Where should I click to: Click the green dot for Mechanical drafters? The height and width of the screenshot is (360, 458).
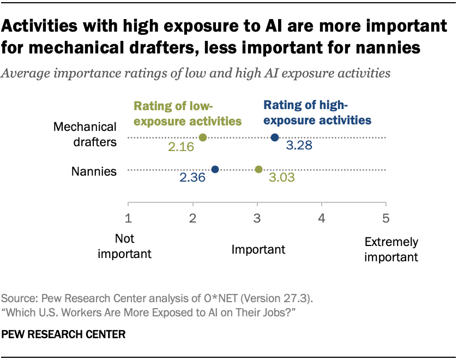(203, 138)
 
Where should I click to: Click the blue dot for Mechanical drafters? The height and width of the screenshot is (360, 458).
(275, 138)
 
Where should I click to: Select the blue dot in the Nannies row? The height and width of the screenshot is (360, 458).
(215, 170)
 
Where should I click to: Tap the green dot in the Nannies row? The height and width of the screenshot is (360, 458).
(258, 170)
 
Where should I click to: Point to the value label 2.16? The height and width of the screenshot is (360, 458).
(181, 148)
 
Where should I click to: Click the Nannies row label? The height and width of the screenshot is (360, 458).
(94, 171)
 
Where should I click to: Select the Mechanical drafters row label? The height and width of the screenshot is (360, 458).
(85, 134)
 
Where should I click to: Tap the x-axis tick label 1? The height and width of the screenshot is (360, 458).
(128, 219)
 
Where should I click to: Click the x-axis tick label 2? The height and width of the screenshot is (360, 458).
(192, 219)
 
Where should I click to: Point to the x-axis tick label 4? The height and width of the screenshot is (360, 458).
(322, 219)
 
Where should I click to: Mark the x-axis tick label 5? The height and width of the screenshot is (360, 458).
(386, 219)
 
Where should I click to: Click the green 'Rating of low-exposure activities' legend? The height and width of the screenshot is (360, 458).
(188, 113)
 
